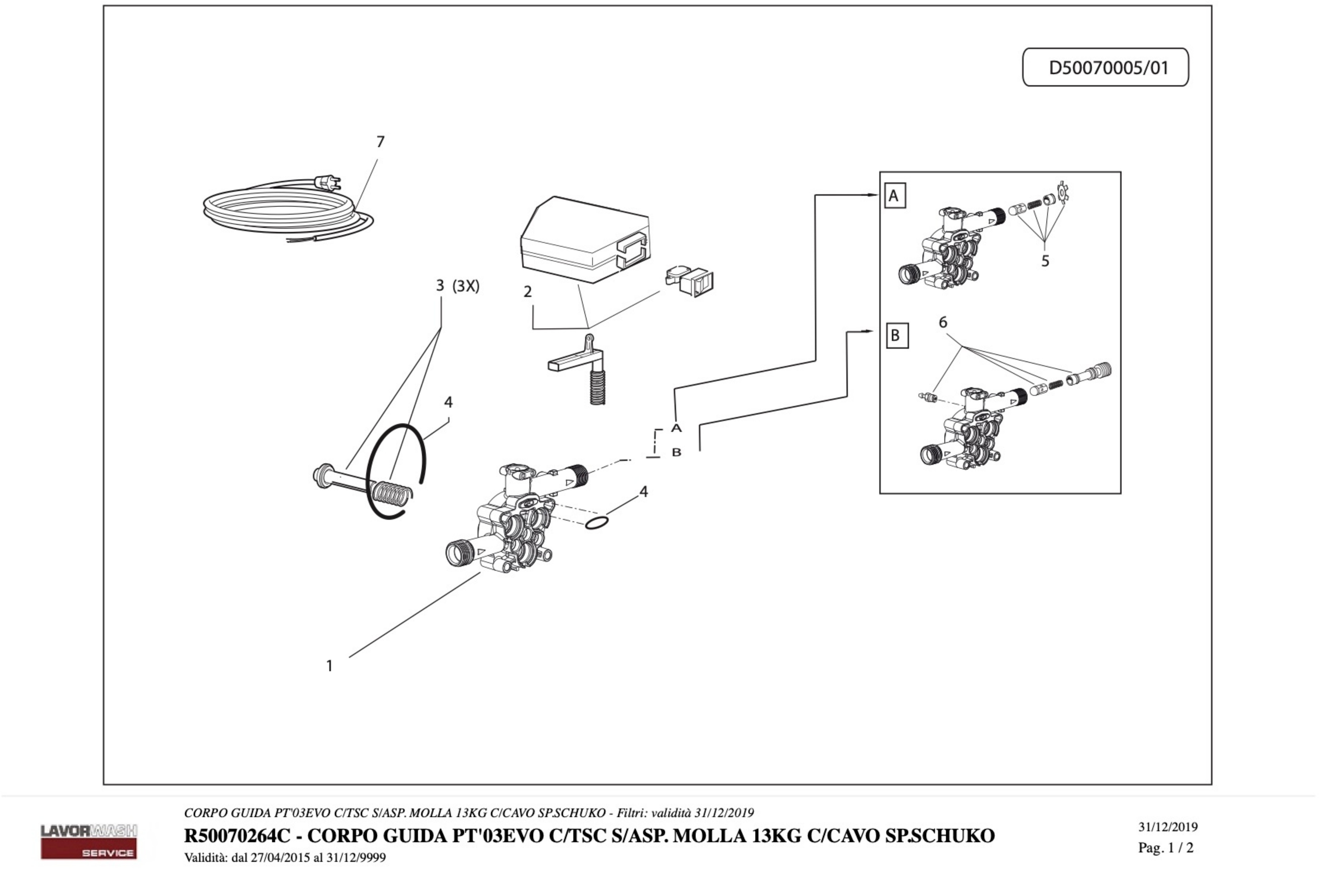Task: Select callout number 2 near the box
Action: [527, 292]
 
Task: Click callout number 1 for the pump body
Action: [329, 666]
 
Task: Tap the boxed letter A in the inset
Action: [894, 196]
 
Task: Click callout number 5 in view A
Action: [1045, 260]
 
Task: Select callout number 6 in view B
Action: [943, 322]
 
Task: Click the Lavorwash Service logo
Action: [89, 841]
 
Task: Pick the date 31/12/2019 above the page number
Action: [1168, 827]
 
